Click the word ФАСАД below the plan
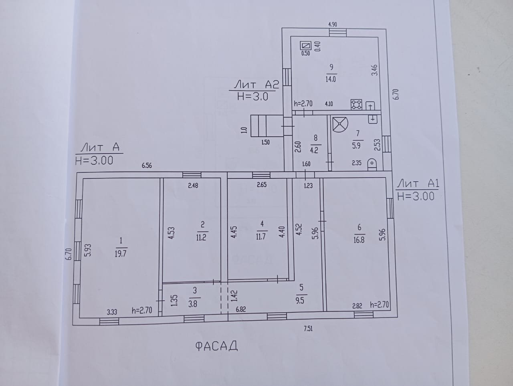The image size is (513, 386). click(x=216, y=346)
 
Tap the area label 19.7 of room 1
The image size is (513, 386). click(x=121, y=254)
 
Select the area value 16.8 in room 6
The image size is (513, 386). click(x=359, y=240)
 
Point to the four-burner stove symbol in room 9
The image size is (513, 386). click(x=356, y=105)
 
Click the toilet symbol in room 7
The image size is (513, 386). click(x=372, y=164)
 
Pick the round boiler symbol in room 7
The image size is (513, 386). click(x=340, y=124)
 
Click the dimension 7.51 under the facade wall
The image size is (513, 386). click(x=308, y=329)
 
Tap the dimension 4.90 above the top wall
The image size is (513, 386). click(x=333, y=24)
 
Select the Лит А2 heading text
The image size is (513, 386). click(x=256, y=85)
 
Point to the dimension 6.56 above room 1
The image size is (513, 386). click(x=147, y=166)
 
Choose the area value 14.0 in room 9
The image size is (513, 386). click(x=331, y=79)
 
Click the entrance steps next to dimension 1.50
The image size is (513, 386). click(x=267, y=126)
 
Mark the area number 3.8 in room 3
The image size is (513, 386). click(x=193, y=304)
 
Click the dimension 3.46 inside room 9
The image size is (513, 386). click(x=374, y=70)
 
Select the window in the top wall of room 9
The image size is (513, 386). click(x=338, y=32)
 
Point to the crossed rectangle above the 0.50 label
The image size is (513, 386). click(x=306, y=46)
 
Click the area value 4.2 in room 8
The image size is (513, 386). click(x=314, y=150)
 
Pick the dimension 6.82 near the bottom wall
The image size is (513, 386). click(x=241, y=309)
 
